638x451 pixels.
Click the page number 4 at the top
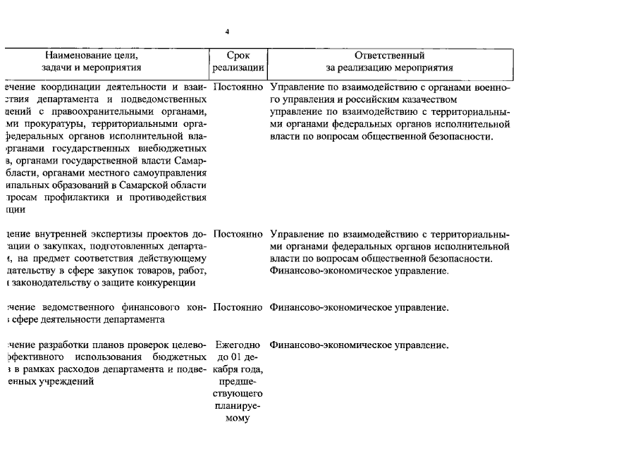pyautogui.click(x=227, y=32)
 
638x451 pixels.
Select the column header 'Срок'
pyautogui.click(x=238, y=55)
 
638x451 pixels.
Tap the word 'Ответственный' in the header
pyautogui.click(x=389, y=55)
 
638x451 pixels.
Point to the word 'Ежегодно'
pyautogui.click(x=238, y=345)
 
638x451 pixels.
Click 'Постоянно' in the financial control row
pyautogui.click(x=238, y=308)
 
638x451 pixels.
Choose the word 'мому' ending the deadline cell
pyautogui.click(x=238, y=418)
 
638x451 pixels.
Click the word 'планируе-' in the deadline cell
pyautogui.click(x=238, y=406)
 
